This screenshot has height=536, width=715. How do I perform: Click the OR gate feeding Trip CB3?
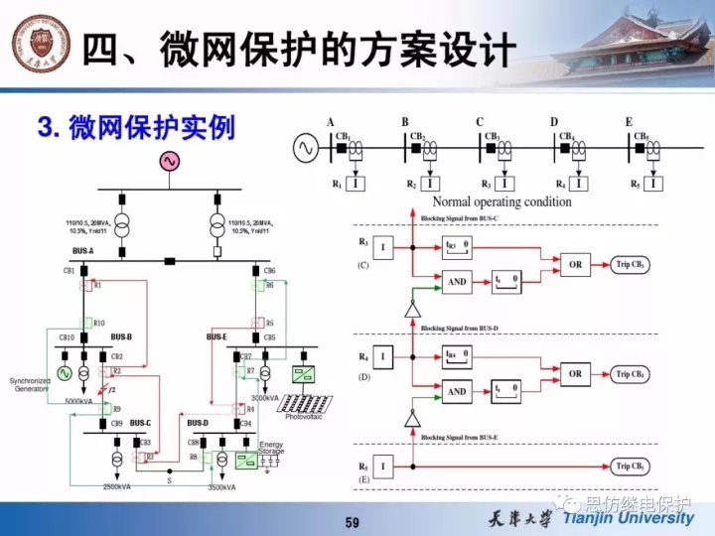click(x=575, y=265)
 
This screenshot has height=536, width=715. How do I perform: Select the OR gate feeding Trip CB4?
click(x=575, y=374)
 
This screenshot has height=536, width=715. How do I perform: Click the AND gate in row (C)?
click(x=457, y=282)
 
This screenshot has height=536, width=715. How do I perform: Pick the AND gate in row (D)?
click(x=457, y=391)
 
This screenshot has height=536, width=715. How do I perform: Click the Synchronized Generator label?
click(x=30, y=385)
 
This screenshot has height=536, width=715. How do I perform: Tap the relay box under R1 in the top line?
click(x=357, y=184)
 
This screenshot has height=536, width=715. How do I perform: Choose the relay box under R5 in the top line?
click(x=653, y=184)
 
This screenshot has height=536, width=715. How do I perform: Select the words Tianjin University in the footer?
click(x=628, y=518)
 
